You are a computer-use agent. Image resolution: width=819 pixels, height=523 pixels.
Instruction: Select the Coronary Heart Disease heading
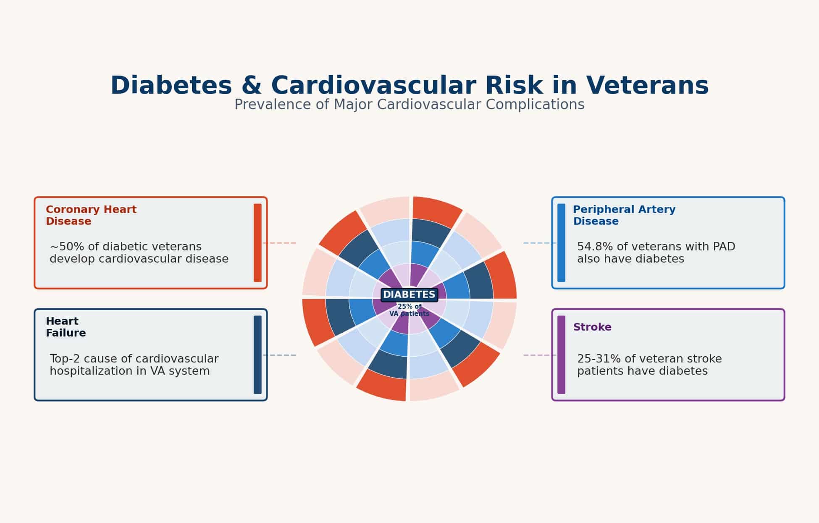click(91, 215)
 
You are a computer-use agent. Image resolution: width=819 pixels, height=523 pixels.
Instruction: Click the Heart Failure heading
click(66, 327)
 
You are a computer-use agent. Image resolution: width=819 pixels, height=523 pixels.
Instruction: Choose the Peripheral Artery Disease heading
click(624, 215)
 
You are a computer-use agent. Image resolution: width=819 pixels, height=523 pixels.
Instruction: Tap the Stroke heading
click(592, 327)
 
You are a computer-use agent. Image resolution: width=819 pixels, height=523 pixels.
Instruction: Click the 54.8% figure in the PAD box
click(593, 247)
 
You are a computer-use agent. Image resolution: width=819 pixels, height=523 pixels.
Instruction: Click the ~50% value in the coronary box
click(66, 247)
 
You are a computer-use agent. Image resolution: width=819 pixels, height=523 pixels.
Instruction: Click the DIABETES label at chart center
click(409, 295)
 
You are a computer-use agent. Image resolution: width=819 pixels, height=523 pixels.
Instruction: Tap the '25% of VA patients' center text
click(409, 310)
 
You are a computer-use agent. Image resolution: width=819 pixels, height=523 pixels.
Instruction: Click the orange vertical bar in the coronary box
click(257, 243)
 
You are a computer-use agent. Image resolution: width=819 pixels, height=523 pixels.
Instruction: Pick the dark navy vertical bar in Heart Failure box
click(257, 355)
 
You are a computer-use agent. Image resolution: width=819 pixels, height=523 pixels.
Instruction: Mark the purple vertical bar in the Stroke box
click(561, 355)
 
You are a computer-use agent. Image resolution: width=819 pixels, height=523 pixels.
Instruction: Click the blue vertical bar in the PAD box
click(561, 243)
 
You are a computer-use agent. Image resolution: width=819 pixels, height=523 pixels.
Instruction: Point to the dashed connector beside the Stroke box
click(539, 355)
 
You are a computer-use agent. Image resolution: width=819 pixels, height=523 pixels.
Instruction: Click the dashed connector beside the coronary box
click(280, 243)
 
